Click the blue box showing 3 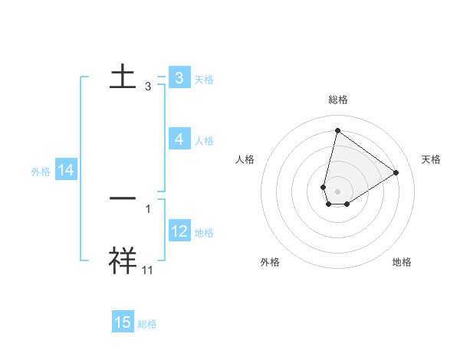179,78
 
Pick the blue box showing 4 179,139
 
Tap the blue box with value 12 179,231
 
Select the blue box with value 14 66,171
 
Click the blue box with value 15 123,322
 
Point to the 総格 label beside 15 147,324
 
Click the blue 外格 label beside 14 41,172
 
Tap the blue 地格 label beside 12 204,232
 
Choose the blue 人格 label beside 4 204,140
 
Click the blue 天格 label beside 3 204,79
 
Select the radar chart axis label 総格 337,100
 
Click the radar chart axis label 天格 431,159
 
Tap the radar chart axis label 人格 245,159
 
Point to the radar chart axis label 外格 270,262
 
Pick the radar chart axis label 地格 402,262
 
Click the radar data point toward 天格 396,172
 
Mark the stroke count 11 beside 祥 148,270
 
